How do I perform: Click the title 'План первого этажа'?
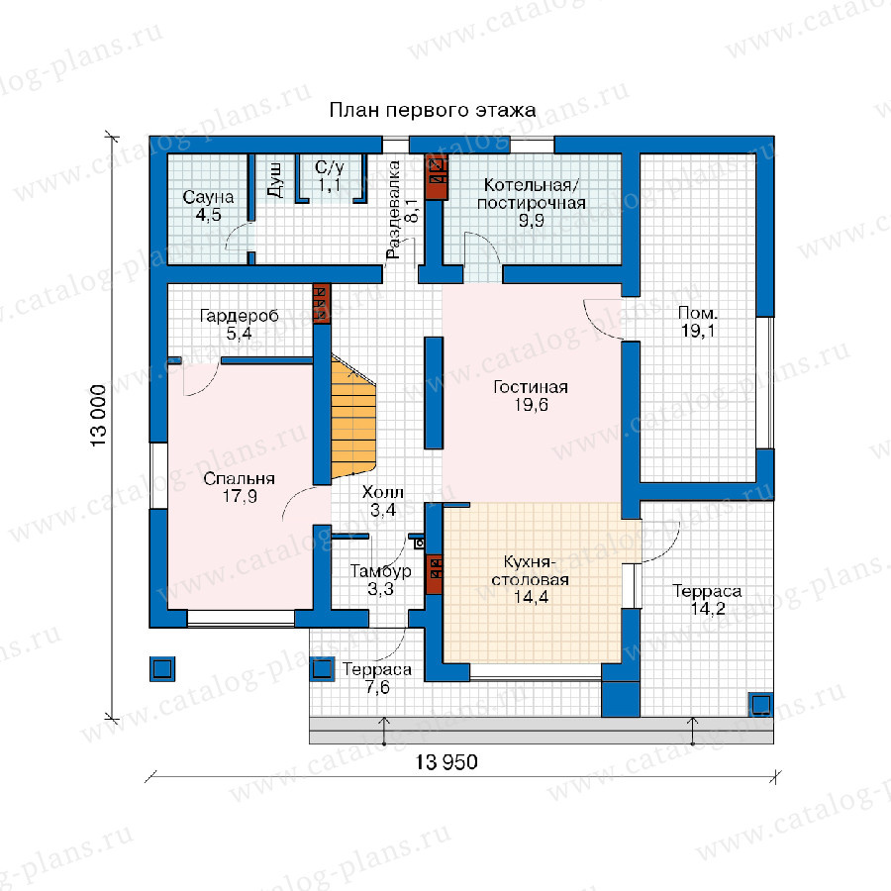pyautogui.click(x=433, y=110)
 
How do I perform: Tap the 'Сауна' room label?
pyautogui.click(x=208, y=197)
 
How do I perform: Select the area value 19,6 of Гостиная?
pyautogui.click(x=532, y=405)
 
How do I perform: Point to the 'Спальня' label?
pyautogui.click(x=239, y=479)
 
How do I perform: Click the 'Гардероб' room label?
pyautogui.click(x=240, y=316)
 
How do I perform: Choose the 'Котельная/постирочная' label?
pyautogui.click(x=532, y=194)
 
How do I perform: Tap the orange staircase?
pyautogui.click(x=352, y=418)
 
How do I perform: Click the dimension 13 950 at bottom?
pyautogui.click(x=446, y=762)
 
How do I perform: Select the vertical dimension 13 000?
pyautogui.click(x=98, y=416)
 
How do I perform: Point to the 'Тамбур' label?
pyautogui.click(x=380, y=570)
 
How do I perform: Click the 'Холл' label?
pyautogui.click(x=383, y=491)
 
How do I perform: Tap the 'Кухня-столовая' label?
pyautogui.click(x=531, y=570)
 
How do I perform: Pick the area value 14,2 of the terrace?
pyautogui.click(x=708, y=609)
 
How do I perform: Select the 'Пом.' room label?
pyautogui.click(x=698, y=313)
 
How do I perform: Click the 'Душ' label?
pyautogui.click(x=274, y=179)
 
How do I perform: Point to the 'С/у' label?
pyautogui.click(x=330, y=167)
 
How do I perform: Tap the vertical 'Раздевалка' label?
pyautogui.click(x=393, y=210)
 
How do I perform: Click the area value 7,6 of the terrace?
pyautogui.click(x=377, y=688)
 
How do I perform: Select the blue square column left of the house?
pyautogui.click(x=162, y=669)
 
